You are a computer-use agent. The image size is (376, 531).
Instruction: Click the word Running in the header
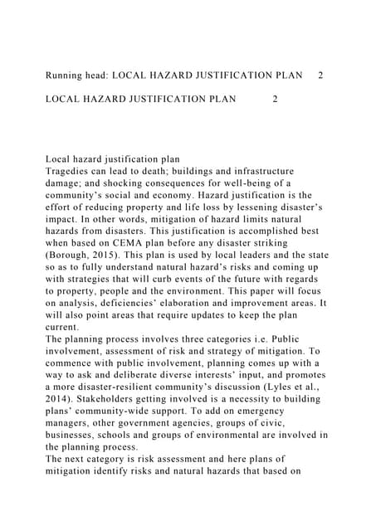pyautogui.click(x=66, y=76)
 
